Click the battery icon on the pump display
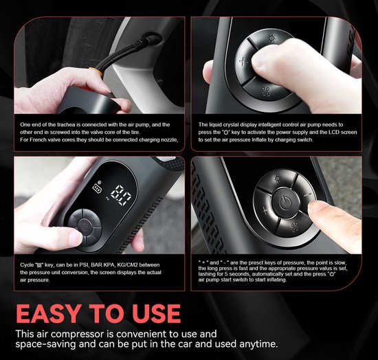click(98, 189)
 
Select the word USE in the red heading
click(156, 313)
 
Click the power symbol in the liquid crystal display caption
click(226, 133)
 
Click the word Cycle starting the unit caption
click(26, 265)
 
